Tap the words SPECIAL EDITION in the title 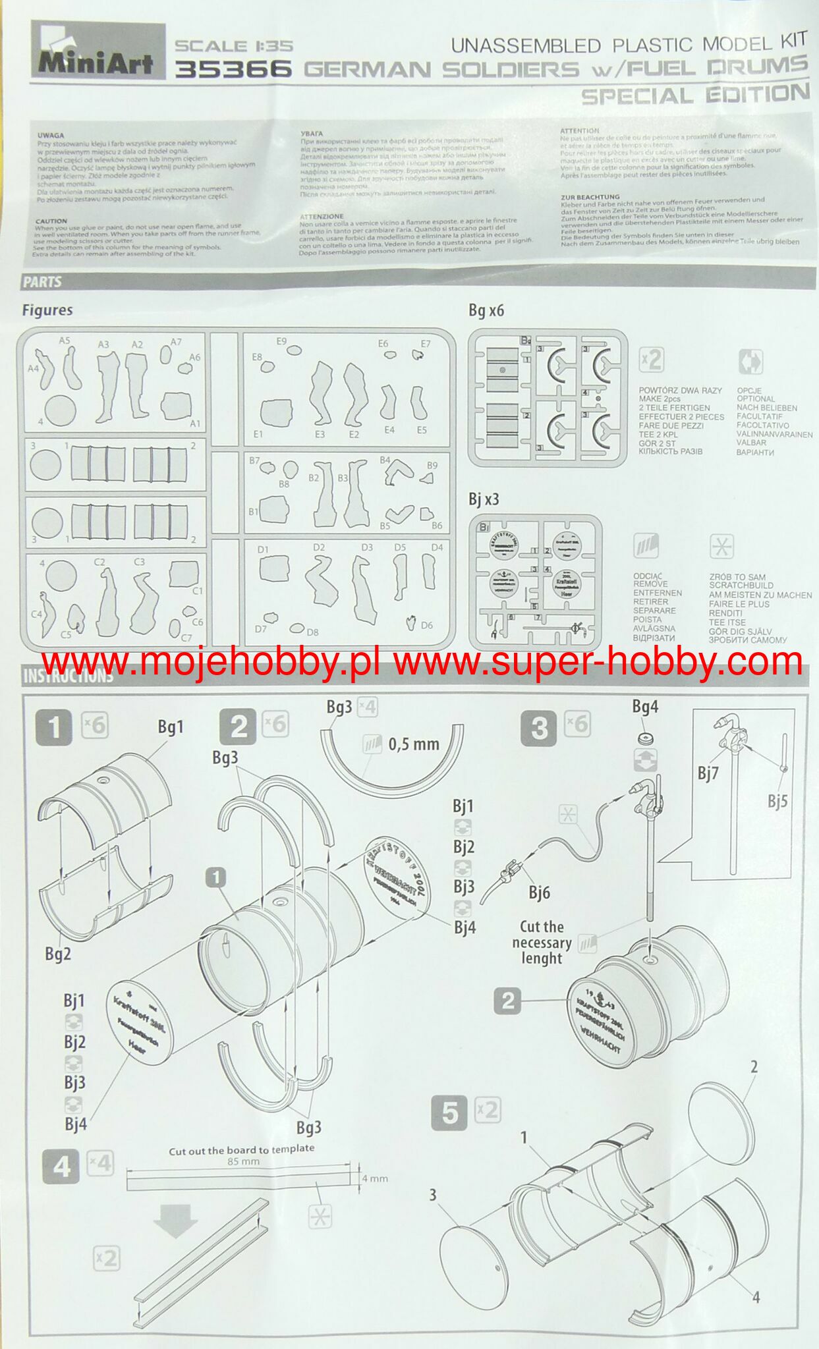(694, 95)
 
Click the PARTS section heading (42, 282)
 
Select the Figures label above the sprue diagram (47, 310)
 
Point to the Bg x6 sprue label (486, 310)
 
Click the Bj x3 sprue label (484, 499)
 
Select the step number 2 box (239, 727)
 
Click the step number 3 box (539, 727)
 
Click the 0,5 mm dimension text (414, 744)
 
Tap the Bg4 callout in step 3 (645, 707)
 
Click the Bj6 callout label (539, 893)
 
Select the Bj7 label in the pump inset (708, 773)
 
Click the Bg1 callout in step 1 (170, 727)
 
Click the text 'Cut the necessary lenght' (542, 943)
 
